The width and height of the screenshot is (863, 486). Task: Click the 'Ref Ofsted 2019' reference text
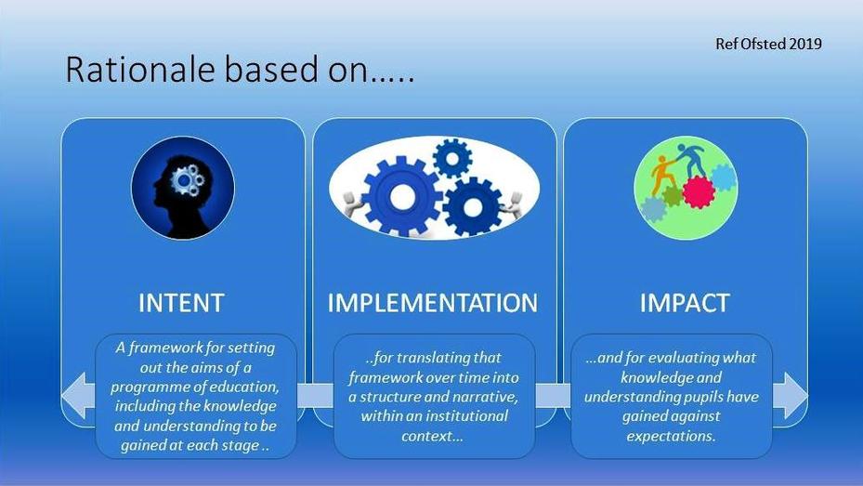coord(768,44)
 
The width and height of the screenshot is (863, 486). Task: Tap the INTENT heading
coord(181,303)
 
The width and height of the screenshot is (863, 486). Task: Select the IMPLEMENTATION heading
coord(433,303)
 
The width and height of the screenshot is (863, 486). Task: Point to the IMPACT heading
coord(685,303)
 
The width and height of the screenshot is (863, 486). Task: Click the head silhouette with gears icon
coord(183,188)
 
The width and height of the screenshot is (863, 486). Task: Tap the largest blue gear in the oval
coord(402,195)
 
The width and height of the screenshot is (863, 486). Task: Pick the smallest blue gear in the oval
coord(452,159)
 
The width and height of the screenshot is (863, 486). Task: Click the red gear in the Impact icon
coord(699,192)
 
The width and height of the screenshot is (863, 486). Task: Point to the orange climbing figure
coord(662,175)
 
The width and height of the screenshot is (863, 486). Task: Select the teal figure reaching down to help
coord(690,159)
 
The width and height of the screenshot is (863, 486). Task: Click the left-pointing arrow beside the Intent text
coord(78,395)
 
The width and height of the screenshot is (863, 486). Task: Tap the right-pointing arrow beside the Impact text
coord(791,395)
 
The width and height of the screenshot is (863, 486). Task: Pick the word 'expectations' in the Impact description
coord(671,436)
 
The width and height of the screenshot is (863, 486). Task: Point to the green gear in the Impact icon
coord(672,196)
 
